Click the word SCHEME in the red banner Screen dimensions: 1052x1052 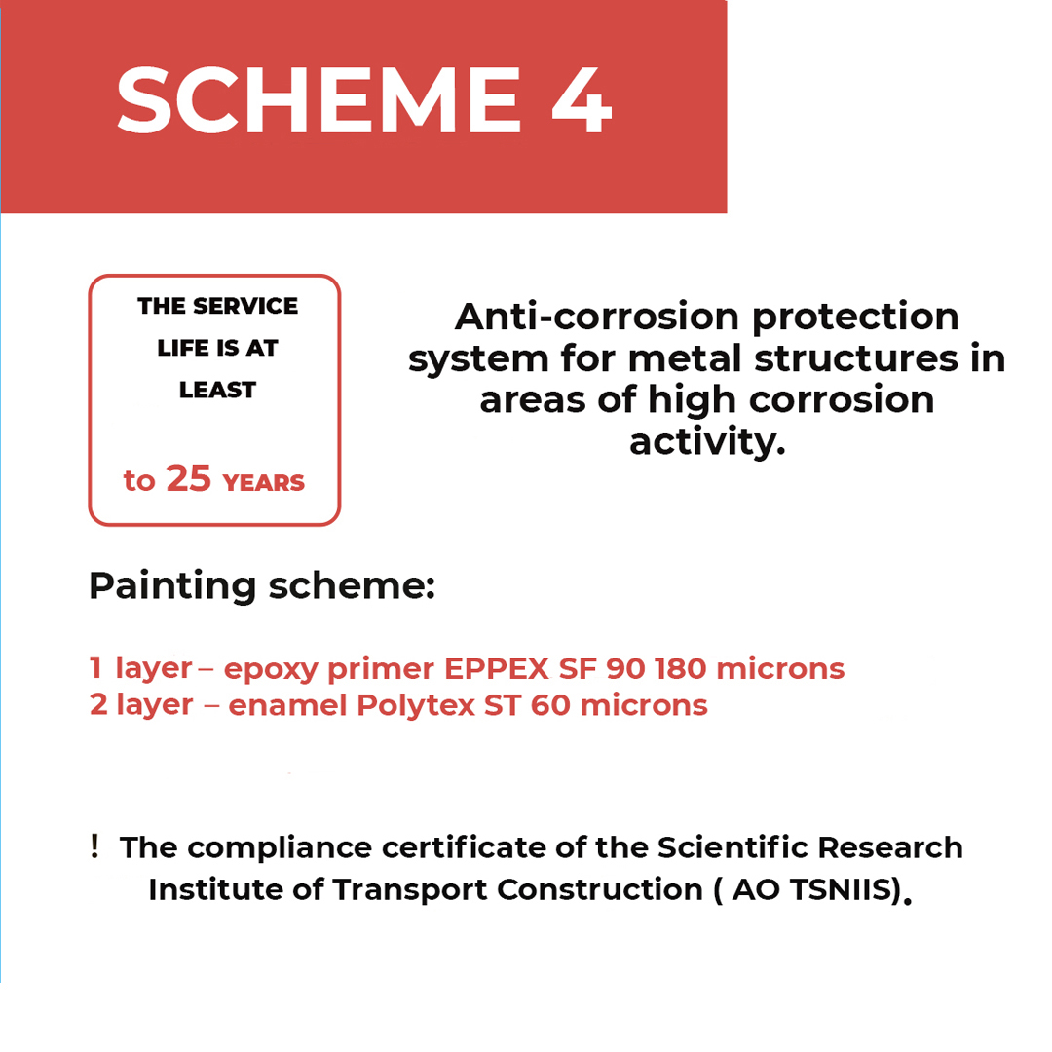coord(319,99)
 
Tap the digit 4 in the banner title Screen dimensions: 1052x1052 coord(582,100)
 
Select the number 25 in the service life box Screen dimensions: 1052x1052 coord(189,478)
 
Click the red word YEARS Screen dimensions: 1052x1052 coord(264,482)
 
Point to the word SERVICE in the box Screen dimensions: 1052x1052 coord(244,306)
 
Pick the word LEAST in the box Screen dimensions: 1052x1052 coord(217,390)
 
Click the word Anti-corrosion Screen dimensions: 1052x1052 coord(598,316)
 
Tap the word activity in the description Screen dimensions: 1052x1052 coord(707,442)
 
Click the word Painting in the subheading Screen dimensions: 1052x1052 coord(172,586)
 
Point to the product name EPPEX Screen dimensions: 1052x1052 coord(497,669)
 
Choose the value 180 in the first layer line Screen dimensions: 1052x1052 coord(681,669)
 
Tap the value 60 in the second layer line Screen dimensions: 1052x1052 coord(550,705)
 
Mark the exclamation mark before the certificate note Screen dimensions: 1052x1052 coord(94,846)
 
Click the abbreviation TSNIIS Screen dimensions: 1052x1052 coord(842,890)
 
